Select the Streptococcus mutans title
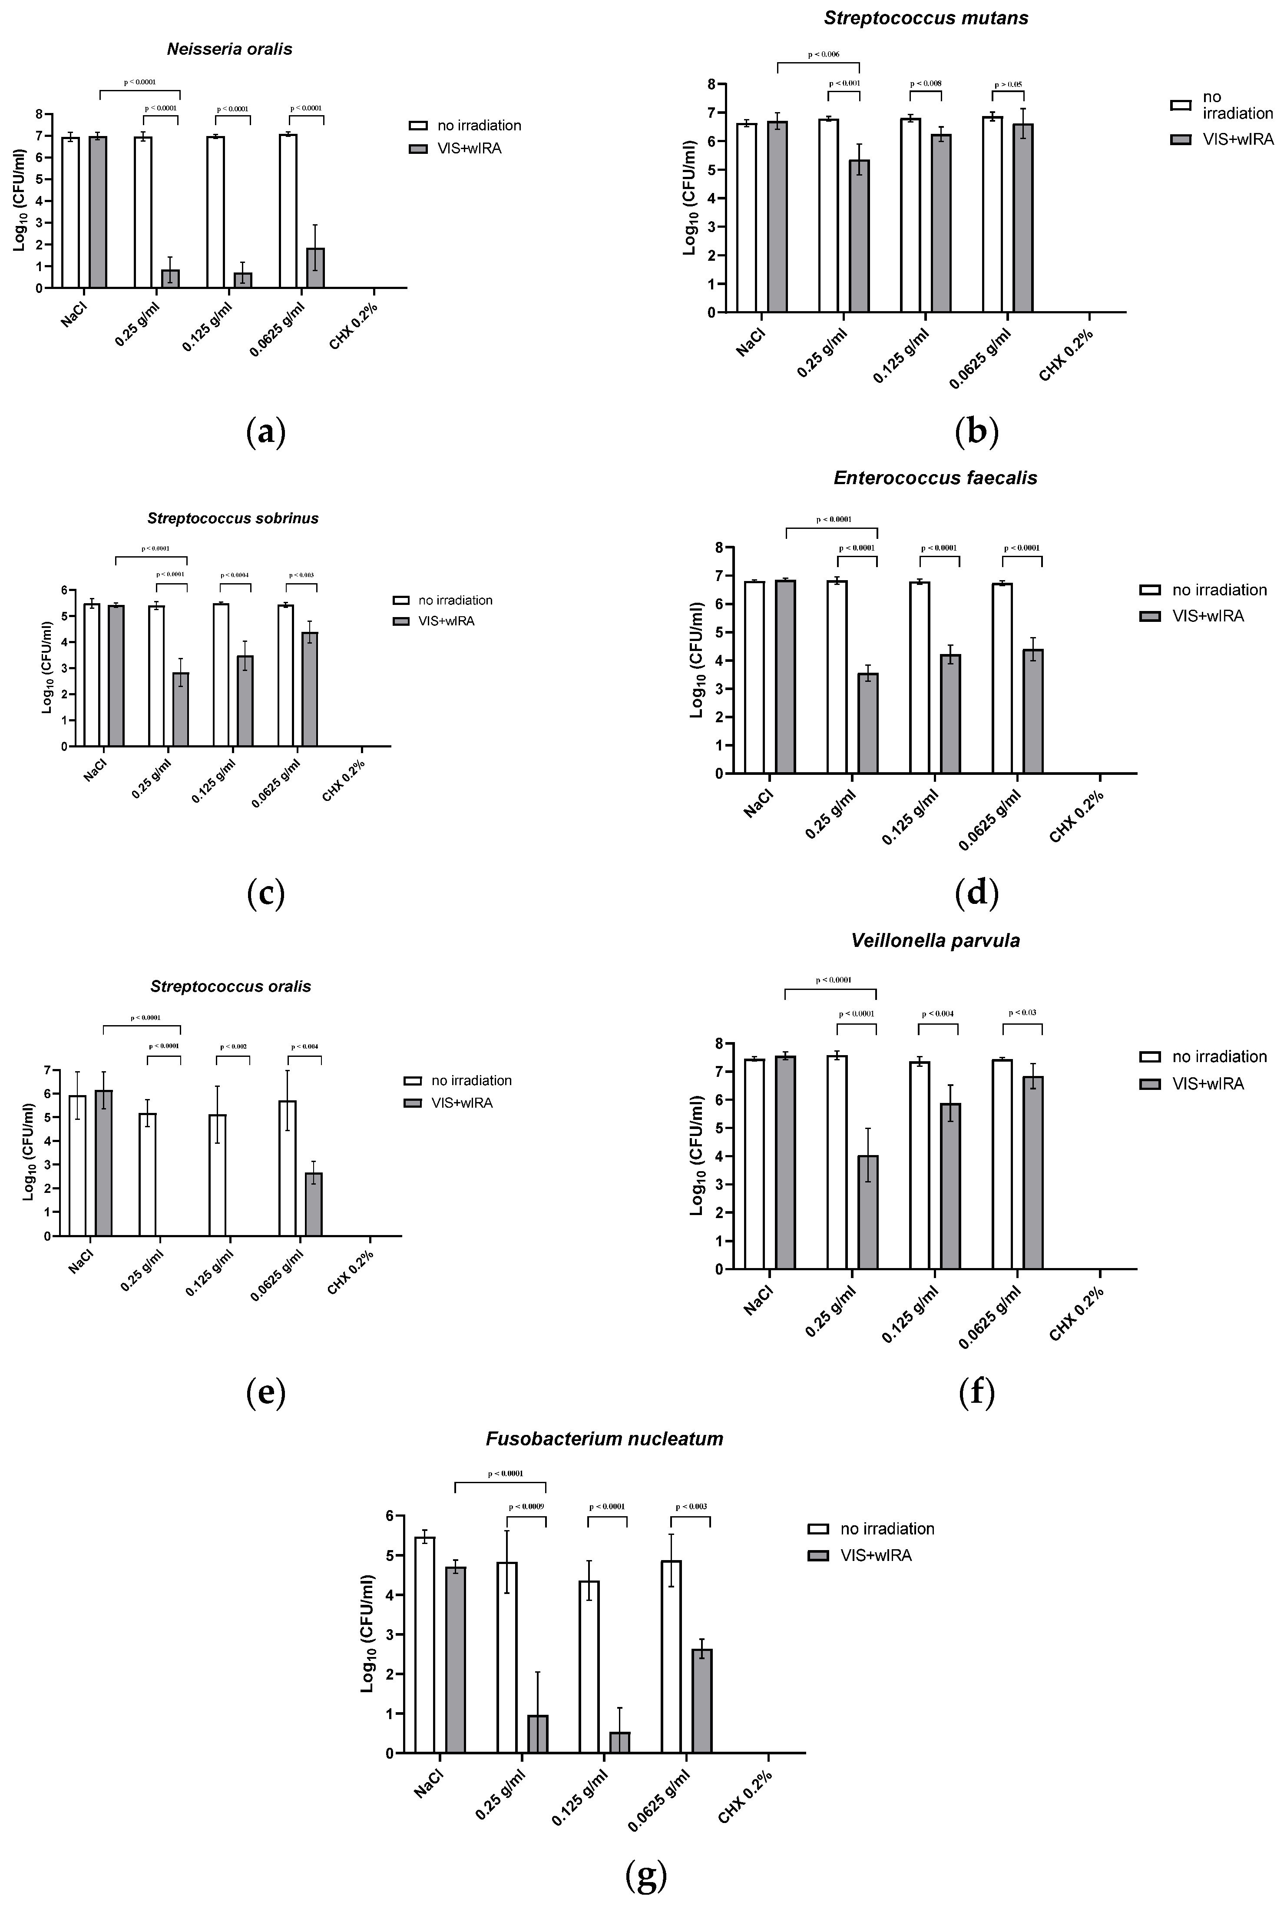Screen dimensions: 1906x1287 926,18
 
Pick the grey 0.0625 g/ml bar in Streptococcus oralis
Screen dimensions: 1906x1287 313,1204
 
